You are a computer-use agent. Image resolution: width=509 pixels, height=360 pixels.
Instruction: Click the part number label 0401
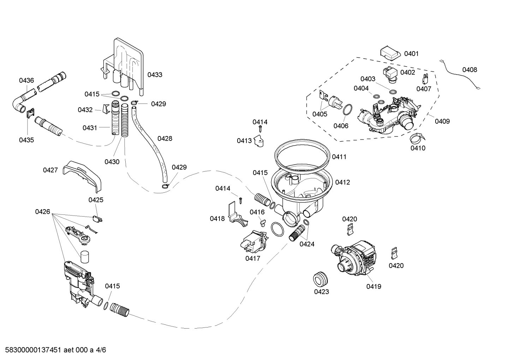click(411, 54)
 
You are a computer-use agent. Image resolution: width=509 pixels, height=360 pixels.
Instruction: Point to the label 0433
click(155, 75)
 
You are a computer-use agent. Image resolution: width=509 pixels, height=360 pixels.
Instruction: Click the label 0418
click(217, 219)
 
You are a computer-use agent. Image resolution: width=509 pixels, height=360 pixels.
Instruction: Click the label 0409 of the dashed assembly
click(442, 121)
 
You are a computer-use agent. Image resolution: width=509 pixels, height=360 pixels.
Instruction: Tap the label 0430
click(112, 162)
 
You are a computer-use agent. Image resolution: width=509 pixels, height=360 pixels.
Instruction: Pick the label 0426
click(42, 212)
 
